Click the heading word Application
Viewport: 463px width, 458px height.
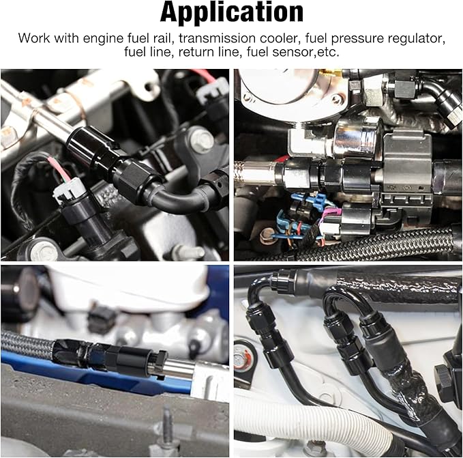pos(232,12)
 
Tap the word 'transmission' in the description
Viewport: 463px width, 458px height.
pos(218,38)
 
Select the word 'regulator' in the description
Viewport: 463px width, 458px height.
pos(415,39)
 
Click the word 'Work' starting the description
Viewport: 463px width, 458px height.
pos(34,38)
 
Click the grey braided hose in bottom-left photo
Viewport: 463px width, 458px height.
pos(27,345)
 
